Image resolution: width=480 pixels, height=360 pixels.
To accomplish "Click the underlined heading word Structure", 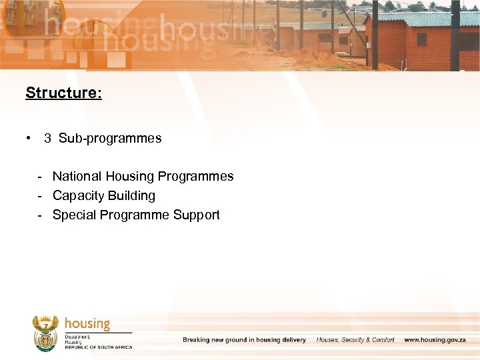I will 63,93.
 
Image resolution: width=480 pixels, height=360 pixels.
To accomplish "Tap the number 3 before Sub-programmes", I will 47,139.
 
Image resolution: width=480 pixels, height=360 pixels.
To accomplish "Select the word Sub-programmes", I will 110,139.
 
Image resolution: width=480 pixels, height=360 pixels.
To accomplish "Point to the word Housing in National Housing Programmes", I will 129,177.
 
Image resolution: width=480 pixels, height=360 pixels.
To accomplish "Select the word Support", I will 197,215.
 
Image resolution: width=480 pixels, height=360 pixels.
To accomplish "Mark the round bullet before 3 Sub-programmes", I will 29,139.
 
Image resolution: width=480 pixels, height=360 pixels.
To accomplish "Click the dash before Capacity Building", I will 41,196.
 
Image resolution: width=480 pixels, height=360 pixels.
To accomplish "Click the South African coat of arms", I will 45,333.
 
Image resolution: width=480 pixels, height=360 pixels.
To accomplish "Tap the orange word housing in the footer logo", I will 87,324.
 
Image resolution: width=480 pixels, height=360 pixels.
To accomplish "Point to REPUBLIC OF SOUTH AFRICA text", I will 99,347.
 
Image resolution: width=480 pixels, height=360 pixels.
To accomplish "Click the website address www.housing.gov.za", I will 435,340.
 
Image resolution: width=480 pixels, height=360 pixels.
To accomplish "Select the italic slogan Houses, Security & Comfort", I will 355,340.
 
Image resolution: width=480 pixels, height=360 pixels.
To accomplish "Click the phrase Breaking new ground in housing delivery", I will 244,340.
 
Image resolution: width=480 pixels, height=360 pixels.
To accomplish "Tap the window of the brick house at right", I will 421,39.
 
